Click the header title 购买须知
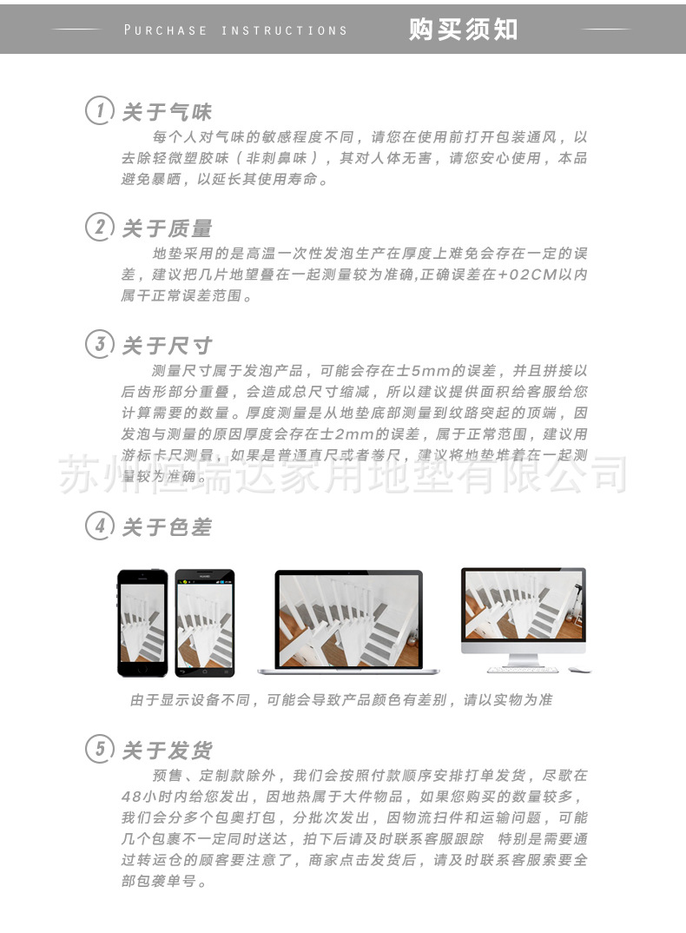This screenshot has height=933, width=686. pos(463,30)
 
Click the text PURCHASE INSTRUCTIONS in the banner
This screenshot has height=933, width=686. pos(235,30)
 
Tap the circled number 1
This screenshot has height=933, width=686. pos(100,111)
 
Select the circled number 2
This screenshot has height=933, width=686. pos(100,228)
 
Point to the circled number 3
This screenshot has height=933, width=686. pos(100,344)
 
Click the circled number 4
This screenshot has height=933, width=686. pos(100,526)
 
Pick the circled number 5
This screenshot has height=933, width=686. pos(100,749)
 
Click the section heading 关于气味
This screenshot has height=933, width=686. pos(167,112)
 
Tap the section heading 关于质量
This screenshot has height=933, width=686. pos(167,228)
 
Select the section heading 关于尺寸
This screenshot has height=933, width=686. pos(167,345)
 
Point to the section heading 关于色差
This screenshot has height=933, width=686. pos(167,527)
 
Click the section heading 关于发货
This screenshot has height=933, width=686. pos(167,750)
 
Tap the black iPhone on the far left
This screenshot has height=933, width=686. pos(142,623)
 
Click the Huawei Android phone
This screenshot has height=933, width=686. pos(205,623)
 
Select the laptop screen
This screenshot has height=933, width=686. pos(348,619)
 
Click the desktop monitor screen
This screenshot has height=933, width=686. pos(523,605)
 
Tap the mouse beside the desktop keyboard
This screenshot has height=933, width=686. pos(575,669)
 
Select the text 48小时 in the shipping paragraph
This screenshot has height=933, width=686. pos(148,797)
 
